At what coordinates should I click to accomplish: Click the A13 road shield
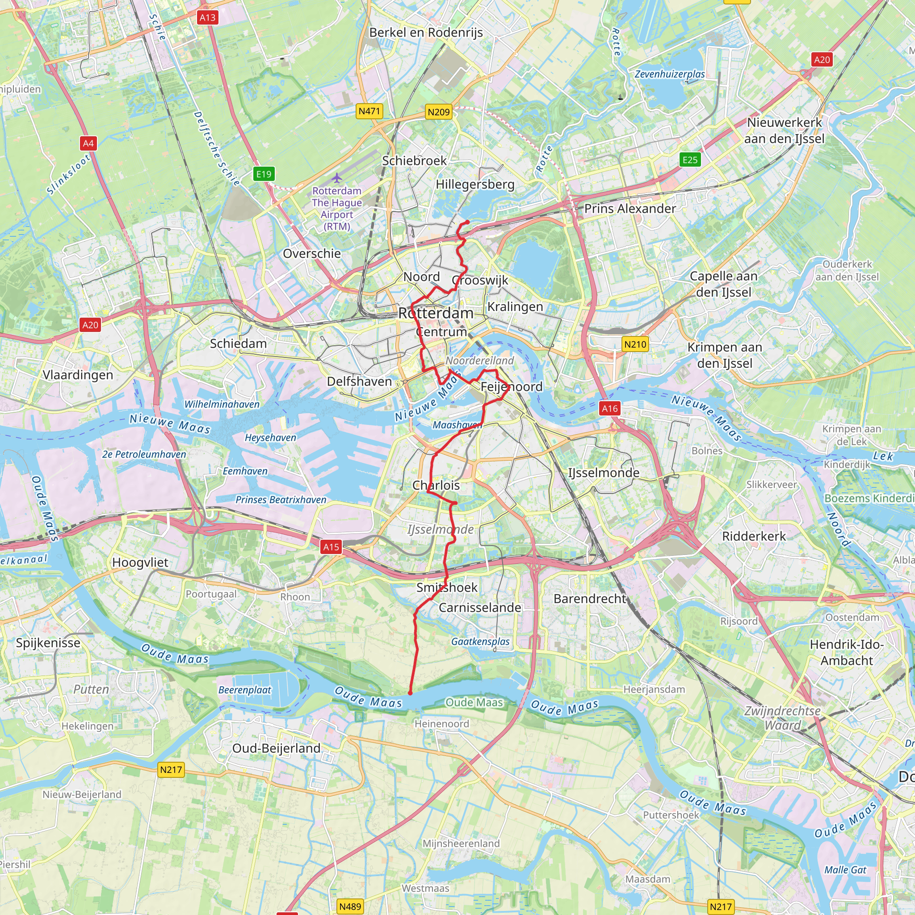[207, 18]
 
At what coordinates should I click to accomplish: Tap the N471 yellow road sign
[369, 111]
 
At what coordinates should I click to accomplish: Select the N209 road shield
[438, 112]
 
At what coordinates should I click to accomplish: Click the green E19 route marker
[264, 174]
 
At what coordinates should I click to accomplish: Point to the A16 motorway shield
[609, 408]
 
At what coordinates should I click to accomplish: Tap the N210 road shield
[634, 344]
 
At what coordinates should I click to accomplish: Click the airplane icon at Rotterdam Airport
[336, 178]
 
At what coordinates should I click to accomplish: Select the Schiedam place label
[238, 344]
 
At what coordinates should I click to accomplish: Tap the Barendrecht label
[590, 599]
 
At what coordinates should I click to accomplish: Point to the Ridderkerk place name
[754, 536]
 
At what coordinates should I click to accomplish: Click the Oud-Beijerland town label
[276, 748]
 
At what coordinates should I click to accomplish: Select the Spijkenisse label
[48, 642]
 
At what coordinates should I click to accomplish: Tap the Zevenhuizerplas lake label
[669, 74]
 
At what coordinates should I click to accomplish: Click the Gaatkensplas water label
[480, 641]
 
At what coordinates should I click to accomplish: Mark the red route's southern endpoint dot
[410, 693]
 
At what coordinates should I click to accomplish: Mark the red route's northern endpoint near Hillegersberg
[467, 222]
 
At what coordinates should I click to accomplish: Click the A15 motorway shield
[331, 547]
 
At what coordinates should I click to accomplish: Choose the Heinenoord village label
[441, 724]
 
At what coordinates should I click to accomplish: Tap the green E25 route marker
[689, 159]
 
